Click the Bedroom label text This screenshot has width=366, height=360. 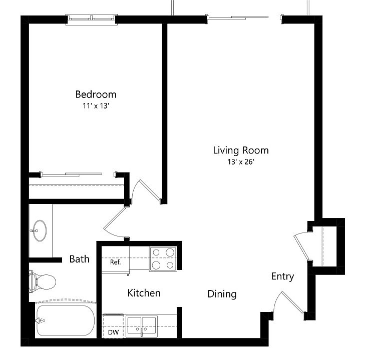(x=96, y=94)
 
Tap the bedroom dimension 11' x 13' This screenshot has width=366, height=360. (x=96, y=105)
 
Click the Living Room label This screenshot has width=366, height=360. (x=240, y=150)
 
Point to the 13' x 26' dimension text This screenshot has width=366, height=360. (x=240, y=161)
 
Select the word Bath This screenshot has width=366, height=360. (x=79, y=258)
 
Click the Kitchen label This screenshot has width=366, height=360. (x=144, y=292)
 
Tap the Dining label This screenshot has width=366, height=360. (x=222, y=294)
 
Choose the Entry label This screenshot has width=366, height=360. (x=282, y=276)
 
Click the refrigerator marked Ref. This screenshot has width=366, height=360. (x=115, y=262)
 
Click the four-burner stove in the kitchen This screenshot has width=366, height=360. (x=163, y=258)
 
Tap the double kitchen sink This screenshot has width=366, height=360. (x=142, y=325)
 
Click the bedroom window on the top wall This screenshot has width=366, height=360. (x=92, y=19)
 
